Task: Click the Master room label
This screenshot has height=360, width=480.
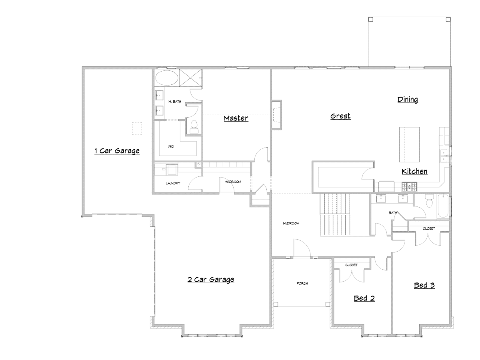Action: click(x=236, y=118)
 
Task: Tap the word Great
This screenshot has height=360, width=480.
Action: click(x=340, y=116)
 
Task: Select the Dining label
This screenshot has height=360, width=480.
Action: click(x=408, y=100)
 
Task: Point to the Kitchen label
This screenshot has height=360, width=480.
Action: click(x=414, y=172)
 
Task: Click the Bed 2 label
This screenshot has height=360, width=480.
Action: click(x=364, y=298)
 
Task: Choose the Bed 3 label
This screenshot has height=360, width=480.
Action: click(x=424, y=285)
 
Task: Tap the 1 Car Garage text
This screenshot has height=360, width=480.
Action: click(x=117, y=151)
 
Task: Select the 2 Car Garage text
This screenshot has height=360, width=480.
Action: click(x=211, y=280)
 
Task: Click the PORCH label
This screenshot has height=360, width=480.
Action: click(x=302, y=284)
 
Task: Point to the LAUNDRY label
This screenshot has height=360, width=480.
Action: click(x=173, y=183)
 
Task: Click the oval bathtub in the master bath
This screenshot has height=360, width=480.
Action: click(x=166, y=78)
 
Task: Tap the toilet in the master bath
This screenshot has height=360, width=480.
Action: click(x=194, y=126)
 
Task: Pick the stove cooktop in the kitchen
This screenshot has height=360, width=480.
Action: click(x=409, y=186)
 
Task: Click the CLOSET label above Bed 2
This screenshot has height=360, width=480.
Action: click(x=352, y=265)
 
